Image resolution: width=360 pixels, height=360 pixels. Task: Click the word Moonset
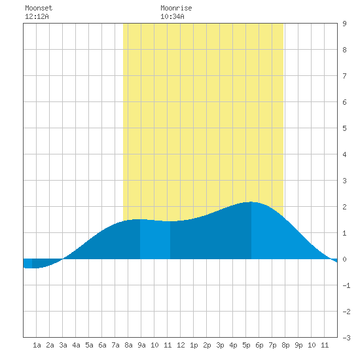tap(39, 8)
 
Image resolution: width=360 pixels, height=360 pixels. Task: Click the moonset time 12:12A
tap(37, 16)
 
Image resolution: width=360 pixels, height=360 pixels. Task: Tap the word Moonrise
tap(176, 8)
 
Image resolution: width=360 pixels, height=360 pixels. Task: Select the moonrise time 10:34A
tap(172, 16)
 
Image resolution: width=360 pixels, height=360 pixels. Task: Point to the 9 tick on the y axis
tap(344, 24)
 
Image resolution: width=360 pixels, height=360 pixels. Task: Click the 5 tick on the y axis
tap(344, 128)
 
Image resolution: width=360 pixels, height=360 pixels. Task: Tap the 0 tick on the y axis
tap(344, 259)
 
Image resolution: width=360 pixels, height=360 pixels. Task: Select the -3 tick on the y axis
tap(346, 338)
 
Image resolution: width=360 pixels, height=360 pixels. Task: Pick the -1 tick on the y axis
tap(346, 285)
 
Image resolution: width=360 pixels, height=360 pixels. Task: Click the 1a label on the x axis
tap(37, 345)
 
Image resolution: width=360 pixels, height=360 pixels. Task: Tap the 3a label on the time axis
tap(63, 345)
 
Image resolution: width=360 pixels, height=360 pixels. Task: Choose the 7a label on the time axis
tap(115, 345)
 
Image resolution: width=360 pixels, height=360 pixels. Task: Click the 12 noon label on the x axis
tap(181, 345)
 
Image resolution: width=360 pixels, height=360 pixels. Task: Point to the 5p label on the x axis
tap(246, 345)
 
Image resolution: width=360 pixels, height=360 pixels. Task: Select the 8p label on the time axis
tap(285, 345)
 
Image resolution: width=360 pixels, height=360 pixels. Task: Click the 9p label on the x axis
tap(298, 345)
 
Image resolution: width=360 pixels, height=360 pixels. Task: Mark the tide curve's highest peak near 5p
tap(251, 202)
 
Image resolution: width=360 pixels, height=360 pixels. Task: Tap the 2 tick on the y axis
tap(344, 207)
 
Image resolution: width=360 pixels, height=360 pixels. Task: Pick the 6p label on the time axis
tap(259, 345)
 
